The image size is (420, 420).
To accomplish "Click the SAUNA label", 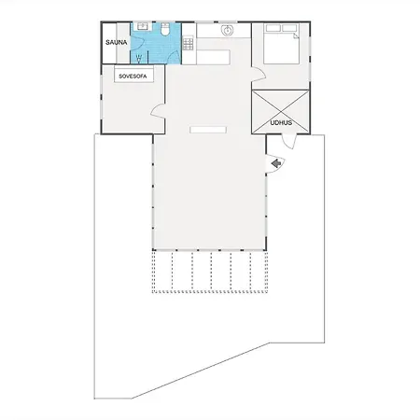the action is pos(117,42).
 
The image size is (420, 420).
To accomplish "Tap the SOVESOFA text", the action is pos(133,77).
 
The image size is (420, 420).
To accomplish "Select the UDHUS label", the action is pos(281,123).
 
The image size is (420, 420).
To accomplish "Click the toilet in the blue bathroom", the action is pos(165,29).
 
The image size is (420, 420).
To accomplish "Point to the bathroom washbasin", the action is pos(144,26).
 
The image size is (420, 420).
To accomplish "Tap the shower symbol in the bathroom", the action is pos(139,58).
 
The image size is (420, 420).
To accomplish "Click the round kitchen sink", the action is pos(227,31).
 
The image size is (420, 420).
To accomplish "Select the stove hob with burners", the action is pos(188,44).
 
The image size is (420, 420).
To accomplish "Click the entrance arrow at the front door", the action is pos(276,163).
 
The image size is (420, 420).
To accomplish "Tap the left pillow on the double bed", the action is pos(273,28).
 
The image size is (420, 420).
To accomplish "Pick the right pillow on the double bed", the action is pos(289,28).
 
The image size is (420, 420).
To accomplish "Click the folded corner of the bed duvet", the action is pos(296,36).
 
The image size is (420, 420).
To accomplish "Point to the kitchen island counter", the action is pos(214,57).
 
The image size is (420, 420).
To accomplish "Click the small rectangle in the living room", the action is pos(208,130).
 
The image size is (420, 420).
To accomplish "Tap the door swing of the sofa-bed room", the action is pos(158,111).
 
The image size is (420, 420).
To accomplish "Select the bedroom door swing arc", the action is pos(259,75).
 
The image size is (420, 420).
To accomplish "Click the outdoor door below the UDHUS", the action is pos(288,142).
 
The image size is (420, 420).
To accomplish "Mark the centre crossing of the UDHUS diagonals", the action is pos(281,112).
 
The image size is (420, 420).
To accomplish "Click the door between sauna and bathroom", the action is pos(137,43).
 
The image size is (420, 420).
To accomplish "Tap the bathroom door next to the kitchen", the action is pos(174,57).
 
